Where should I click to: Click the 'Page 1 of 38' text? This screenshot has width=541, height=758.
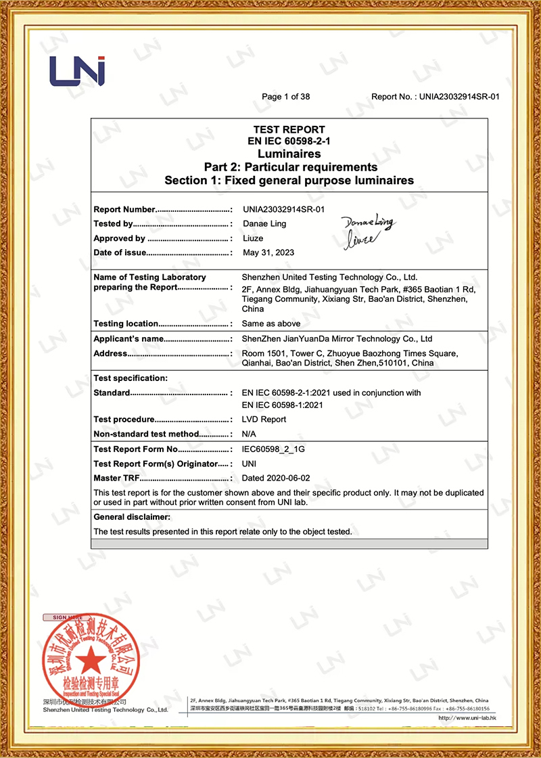(285, 97)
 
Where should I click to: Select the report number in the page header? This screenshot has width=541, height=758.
(459, 97)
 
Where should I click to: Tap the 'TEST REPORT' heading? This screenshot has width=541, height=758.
(289, 129)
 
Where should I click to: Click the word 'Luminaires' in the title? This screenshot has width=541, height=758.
(289, 154)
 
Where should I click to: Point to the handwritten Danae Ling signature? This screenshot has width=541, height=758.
(369, 223)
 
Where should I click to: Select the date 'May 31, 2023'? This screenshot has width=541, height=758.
(268, 252)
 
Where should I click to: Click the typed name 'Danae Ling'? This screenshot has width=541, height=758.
(264, 224)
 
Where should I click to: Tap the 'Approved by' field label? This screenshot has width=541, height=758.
(119, 238)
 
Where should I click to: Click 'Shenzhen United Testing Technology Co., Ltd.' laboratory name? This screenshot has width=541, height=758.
(329, 277)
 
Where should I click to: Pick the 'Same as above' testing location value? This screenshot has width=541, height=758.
(270, 324)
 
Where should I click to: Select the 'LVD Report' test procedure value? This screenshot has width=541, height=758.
(264, 420)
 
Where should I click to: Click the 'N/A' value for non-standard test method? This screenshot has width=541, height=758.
(249, 434)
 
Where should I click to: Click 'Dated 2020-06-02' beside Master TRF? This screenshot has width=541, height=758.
(276, 478)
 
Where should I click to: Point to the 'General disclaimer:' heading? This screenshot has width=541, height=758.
(132, 517)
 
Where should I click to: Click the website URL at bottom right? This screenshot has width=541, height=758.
(468, 717)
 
